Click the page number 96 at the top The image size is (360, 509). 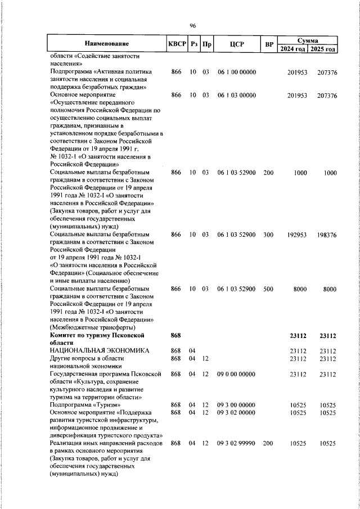coord(192,26)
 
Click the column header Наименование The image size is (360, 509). coord(107,44)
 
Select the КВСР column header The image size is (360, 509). coord(175,44)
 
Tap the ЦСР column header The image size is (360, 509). coord(236,44)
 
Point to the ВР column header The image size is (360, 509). coord(269,44)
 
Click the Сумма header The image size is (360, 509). coord(308,40)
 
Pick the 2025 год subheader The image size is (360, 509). coord(323,49)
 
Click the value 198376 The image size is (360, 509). coord(326,234)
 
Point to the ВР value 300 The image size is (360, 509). coord(268,234)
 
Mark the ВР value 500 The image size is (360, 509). coord(268,289)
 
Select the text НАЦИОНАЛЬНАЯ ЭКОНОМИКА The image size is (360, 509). coord(100,350)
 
